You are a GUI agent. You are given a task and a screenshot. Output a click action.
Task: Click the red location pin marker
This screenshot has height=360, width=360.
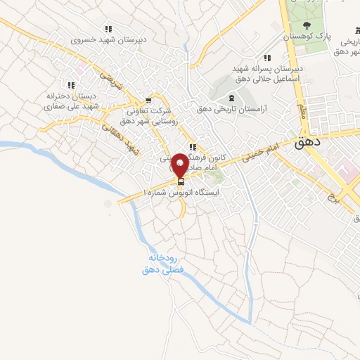point(180,165)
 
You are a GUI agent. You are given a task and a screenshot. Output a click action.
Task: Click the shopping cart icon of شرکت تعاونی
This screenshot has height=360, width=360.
point(148,100)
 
